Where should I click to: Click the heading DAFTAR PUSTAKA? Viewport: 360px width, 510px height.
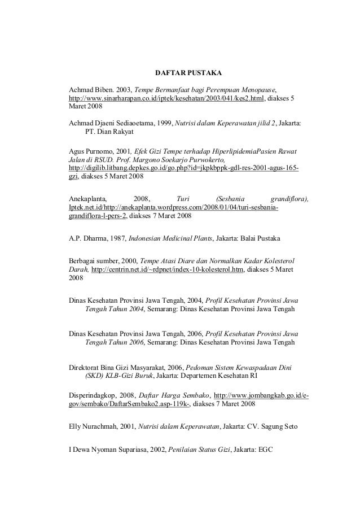coord(188,73)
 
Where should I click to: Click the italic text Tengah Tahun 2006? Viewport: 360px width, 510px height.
coord(114,342)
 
